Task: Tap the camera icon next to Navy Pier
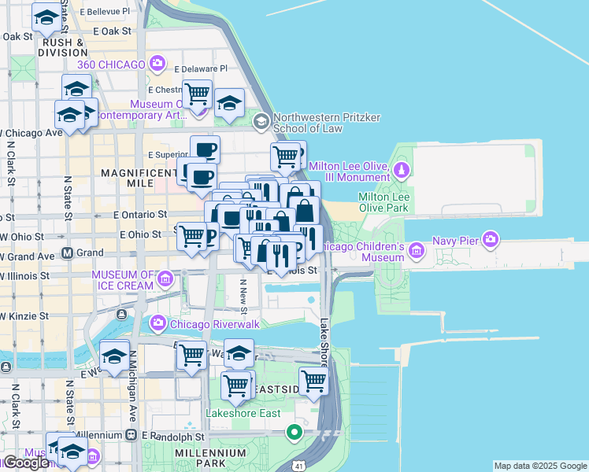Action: click(x=491, y=238)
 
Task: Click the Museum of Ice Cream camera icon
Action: click(x=165, y=277)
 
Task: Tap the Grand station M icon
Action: click(x=67, y=253)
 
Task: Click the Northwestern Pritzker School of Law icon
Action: click(x=261, y=122)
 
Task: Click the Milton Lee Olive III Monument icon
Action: click(x=402, y=169)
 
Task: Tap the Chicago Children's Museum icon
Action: click(x=417, y=252)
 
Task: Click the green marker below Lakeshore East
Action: click(x=294, y=432)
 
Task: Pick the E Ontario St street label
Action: click(x=140, y=214)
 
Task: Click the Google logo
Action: click(x=25, y=463)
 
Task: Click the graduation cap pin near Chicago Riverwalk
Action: click(x=114, y=356)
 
